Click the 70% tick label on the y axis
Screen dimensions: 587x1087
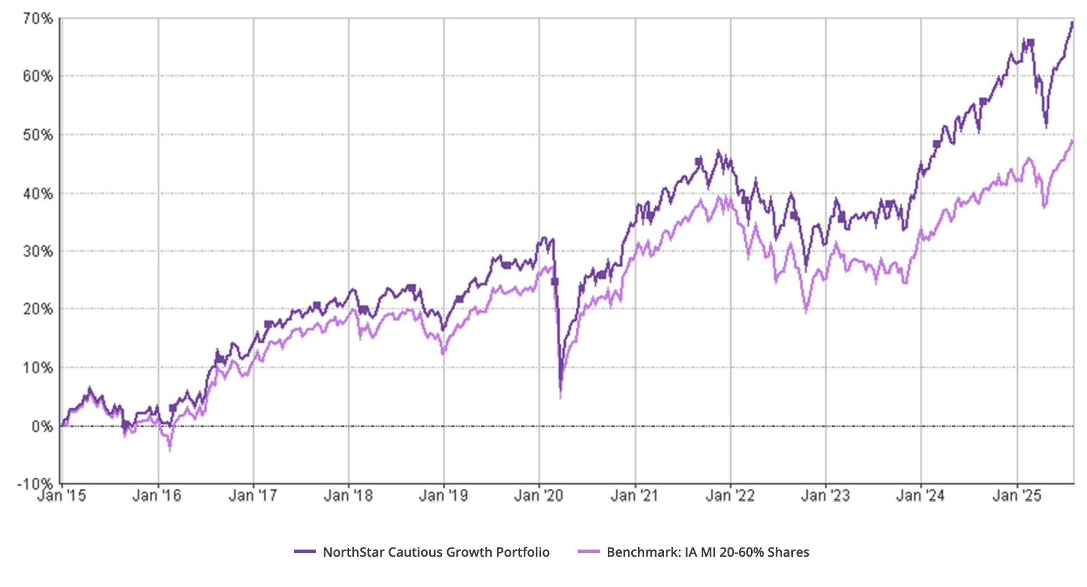point(38,19)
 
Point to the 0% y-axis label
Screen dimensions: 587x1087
point(43,426)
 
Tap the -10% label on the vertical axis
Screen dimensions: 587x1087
point(38,484)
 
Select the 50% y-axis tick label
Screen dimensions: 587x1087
point(38,135)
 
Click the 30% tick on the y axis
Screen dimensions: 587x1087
point(38,251)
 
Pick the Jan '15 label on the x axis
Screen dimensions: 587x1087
point(62,495)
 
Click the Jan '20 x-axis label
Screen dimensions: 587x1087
point(539,495)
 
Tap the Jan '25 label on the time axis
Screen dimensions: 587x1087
point(1017,495)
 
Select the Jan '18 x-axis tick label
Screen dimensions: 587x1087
point(348,495)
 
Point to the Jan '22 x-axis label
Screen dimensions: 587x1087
point(730,495)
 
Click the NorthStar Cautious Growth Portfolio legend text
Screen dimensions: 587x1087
point(436,552)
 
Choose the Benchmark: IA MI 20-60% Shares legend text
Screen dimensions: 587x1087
point(708,552)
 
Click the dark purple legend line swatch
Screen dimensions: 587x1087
point(306,552)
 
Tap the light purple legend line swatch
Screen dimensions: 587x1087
point(589,552)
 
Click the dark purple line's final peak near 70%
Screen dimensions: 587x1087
point(1072,23)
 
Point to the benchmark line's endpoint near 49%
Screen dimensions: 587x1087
point(1072,141)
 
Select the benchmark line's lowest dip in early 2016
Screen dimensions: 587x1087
point(170,446)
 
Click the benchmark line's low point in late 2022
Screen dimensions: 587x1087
point(806,310)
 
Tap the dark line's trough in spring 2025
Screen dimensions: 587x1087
point(1046,127)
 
